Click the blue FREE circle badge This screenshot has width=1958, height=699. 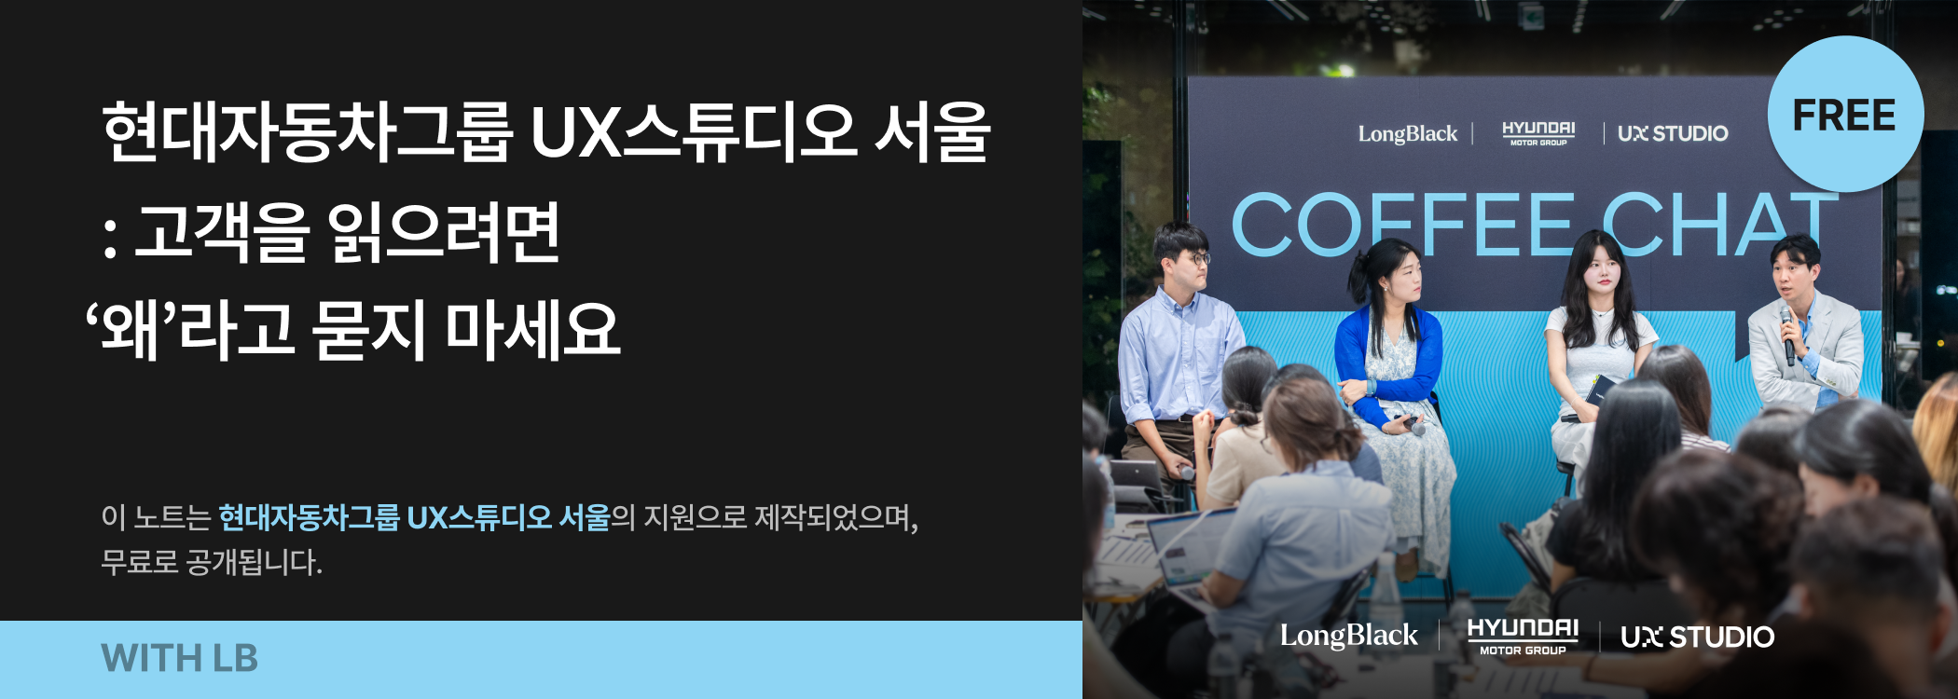pos(1845,114)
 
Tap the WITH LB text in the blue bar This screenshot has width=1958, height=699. pos(179,658)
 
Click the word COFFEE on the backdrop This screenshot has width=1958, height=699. pos(1402,225)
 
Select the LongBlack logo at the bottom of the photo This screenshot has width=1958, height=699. pos(1348,636)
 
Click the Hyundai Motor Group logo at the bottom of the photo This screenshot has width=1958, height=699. pos(1523,637)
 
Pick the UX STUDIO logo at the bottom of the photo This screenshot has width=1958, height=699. pos(1697,637)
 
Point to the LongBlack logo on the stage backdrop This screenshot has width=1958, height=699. pos(1407,134)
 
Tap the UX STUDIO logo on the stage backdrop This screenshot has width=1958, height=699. pos(1673,133)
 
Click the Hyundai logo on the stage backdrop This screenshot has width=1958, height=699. pos(1538,133)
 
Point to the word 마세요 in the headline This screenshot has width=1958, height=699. pos(532,330)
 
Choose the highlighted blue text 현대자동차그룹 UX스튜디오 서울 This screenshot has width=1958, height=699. pos(414,517)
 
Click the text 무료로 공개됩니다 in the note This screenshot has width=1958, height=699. pos(212,563)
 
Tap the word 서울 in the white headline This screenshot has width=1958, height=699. pos(932,132)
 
